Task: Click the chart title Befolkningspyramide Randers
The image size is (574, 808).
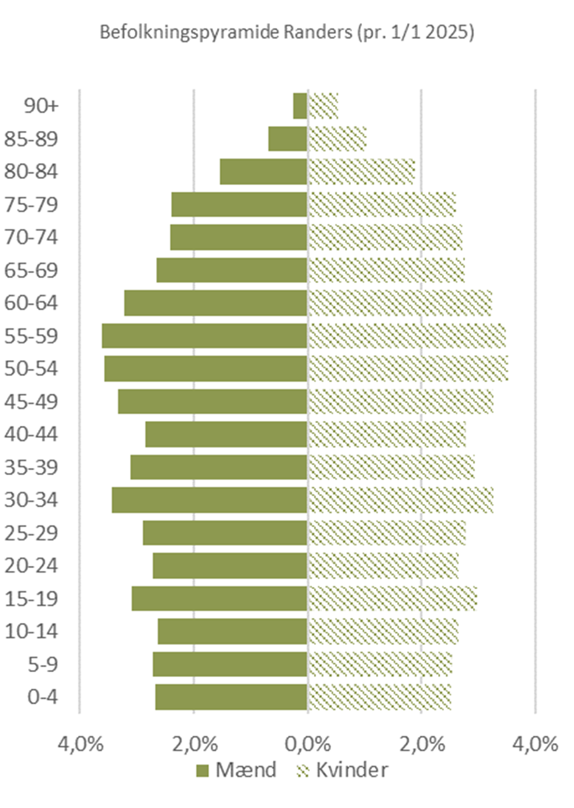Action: pyautogui.click(x=286, y=33)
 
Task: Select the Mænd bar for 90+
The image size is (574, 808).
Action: pyautogui.click(x=300, y=105)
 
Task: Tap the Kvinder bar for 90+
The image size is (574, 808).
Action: pyautogui.click(x=323, y=105)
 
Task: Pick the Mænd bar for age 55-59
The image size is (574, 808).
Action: pyautogui.click(x=204, y=336)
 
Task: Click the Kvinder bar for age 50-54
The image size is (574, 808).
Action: pyautogui.click(x=408, y=368)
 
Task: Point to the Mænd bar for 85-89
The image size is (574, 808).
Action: pyautogui.click(x=288, y=138)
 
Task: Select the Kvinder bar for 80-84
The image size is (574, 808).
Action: pyautogui.click(x=361, y=172)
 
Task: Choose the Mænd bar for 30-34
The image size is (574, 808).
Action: pyautogui.click(x=209, y=500)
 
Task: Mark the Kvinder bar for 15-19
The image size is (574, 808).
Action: pyautogui.click(x=392, y=598)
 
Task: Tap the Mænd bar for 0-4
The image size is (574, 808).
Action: pyautogui.click(x=231, y=697)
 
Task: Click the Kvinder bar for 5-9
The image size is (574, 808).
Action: pyautogui.click(x=379, y=664)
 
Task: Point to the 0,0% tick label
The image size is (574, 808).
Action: pyautogui.click(x=308, y=743)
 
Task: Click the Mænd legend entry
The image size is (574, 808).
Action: pyautogui.click(x=236, y=770)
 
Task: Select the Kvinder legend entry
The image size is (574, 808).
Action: pyautogui.click(x=342, y=770)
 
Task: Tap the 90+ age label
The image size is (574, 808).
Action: pyautogui.click(x=41, y=105)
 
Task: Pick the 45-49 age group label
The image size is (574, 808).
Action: pyautogui.click(x=31, y=401)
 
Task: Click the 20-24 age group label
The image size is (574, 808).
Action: pyautogui.click(x=31, y=565)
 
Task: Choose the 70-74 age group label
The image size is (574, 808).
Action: pyautogui.click(x=31, y=237)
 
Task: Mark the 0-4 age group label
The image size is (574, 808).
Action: pyautogui.click(x=42, y=697)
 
